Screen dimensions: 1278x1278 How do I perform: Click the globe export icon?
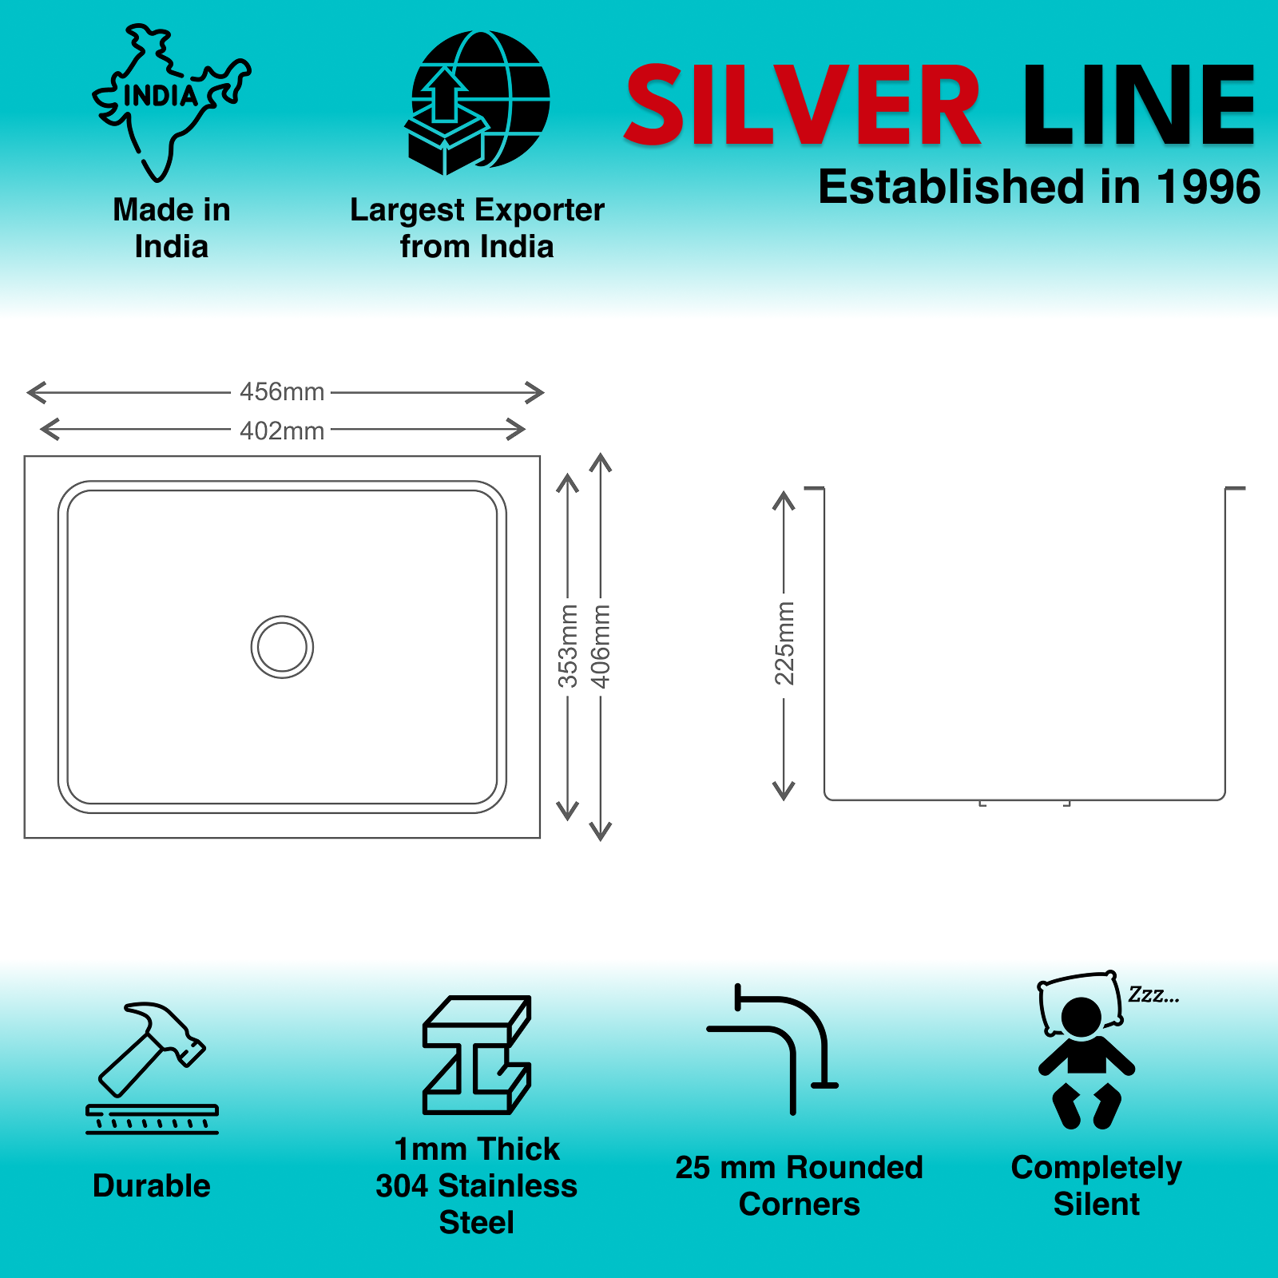(478, 102)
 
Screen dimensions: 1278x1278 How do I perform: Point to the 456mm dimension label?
(282, 391)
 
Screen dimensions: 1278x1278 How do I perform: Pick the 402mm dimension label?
(282, 431)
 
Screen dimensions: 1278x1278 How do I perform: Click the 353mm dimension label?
(567, 646)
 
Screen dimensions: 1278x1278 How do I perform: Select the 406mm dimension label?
(600, 646)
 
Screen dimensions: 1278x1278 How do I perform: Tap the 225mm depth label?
(784, 643)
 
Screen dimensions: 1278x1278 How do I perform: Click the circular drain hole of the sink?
(282, 647)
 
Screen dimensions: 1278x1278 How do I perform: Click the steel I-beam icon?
(477, 1054)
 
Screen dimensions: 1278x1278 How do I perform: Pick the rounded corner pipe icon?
(772, 1049)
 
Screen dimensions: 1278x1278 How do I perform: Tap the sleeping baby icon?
(1086, 1050)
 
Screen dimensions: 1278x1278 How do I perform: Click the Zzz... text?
(1153, 994)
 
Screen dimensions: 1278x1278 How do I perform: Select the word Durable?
(152, 1186)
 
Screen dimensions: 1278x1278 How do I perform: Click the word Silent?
(1097, 1204)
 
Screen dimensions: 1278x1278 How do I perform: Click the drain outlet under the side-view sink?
(1025, 803)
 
